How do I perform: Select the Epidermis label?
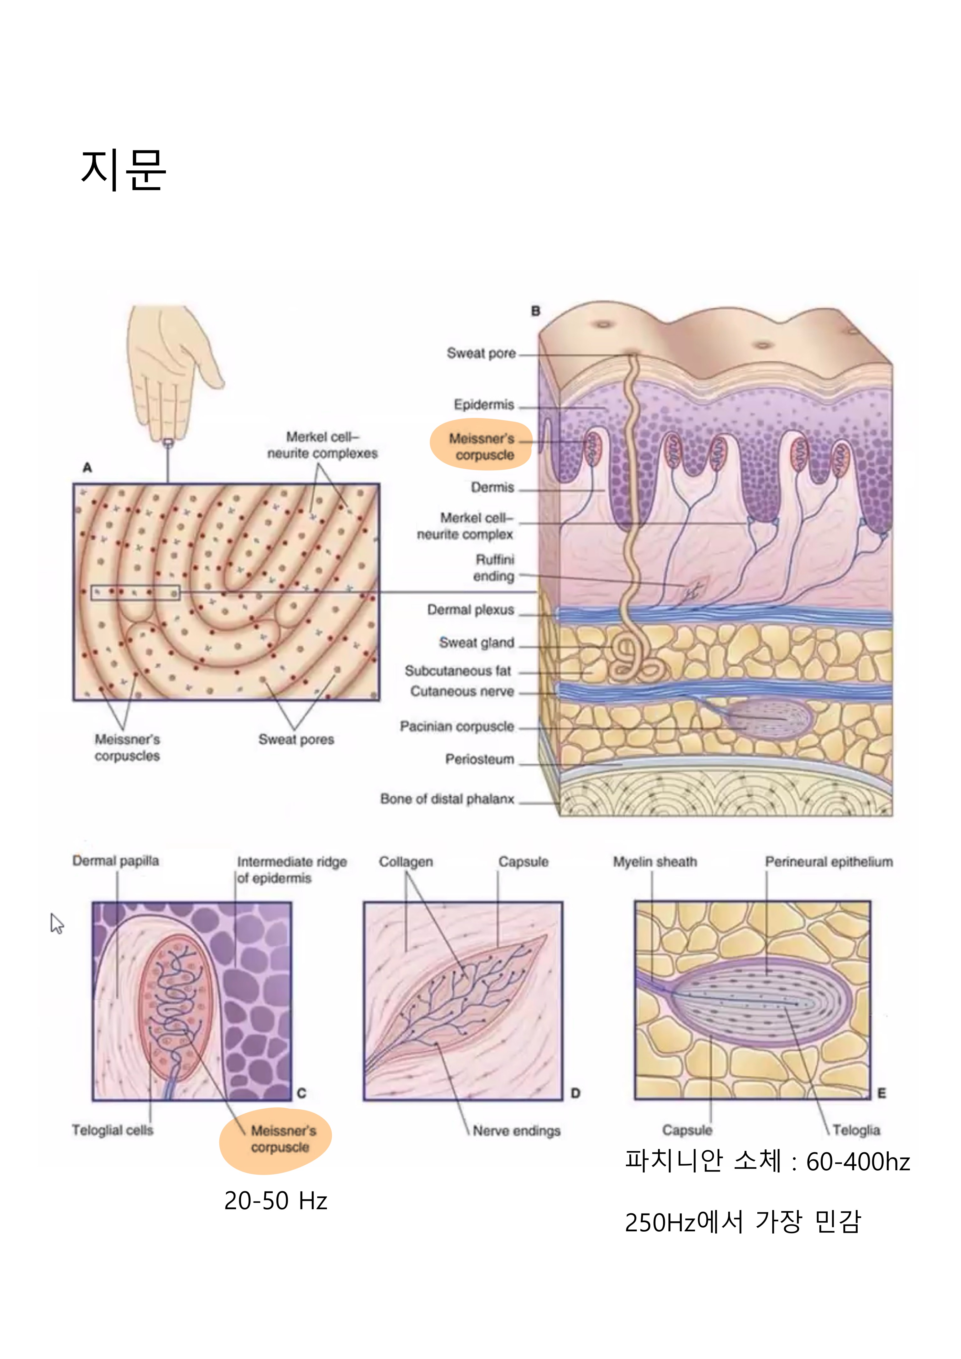(x=484, y=405)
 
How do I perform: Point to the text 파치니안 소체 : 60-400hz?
(x=767, y=1161)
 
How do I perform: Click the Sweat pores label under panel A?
(x=296, y=739)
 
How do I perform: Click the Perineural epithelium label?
(x=828, y=862)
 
